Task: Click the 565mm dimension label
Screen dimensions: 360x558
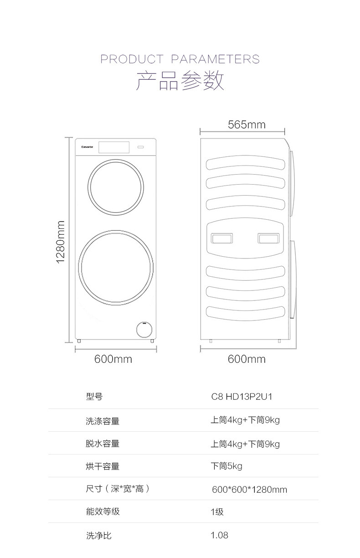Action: click(x=247, y=124)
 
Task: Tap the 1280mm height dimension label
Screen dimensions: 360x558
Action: click(x=61, y=242)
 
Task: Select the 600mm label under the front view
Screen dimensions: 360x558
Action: click(x=113, y=359)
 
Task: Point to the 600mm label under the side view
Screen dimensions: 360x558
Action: click(x=247, y=359)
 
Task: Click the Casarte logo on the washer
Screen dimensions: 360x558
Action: click(x=87, y=147)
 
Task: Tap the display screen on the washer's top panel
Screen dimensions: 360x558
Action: click(x=114, y=147)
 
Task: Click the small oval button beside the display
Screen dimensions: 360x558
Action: click(x=141, y=147)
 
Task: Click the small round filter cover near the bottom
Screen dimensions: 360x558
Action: click(x=144, y=330)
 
